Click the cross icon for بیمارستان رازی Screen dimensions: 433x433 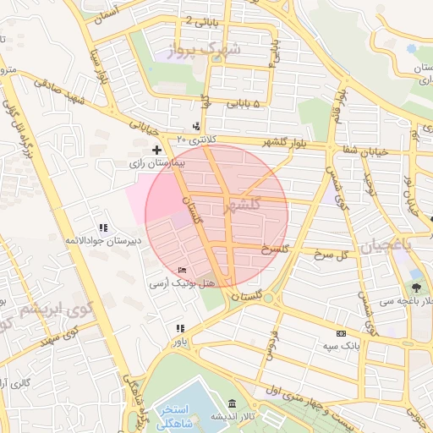tap(156, 149)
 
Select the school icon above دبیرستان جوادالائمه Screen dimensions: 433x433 tap(103, 228)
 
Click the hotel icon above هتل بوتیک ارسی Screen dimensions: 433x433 tap(183, 271)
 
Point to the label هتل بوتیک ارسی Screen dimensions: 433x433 tap(177, 283)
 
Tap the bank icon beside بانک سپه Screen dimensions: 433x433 tap(341, 334)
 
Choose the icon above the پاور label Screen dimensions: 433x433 tap(179, 328)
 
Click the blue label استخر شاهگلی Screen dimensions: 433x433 tap(192, 414)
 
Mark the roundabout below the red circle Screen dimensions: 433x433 tap(268, 297)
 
